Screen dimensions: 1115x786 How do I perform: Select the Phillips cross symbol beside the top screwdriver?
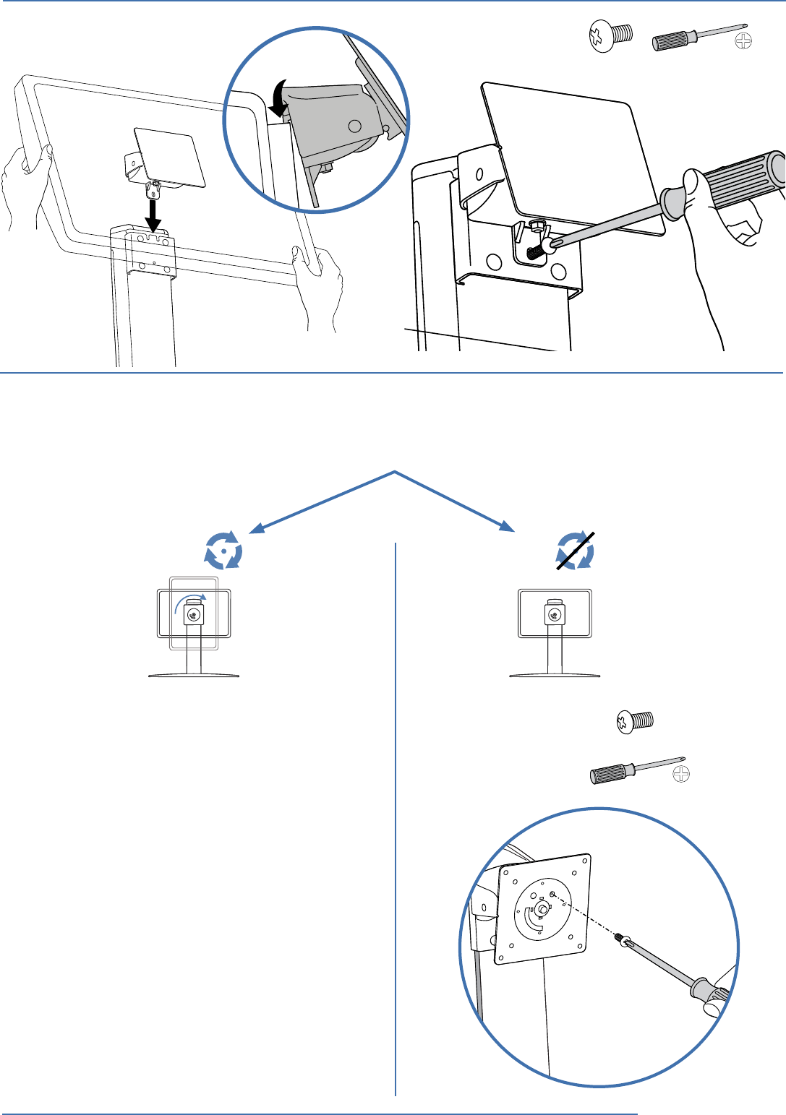tap(743, 41)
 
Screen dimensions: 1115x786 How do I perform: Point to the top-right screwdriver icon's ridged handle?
tap(672, 40)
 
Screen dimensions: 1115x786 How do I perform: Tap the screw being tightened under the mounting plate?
tap(537, 248)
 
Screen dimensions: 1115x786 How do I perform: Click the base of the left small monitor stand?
tap(194, 675)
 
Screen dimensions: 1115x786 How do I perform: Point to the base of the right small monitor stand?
tap(555, 675)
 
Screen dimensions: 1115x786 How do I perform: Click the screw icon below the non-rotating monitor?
tap(635, 721)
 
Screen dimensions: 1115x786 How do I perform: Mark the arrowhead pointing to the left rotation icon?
tap(255, 531)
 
